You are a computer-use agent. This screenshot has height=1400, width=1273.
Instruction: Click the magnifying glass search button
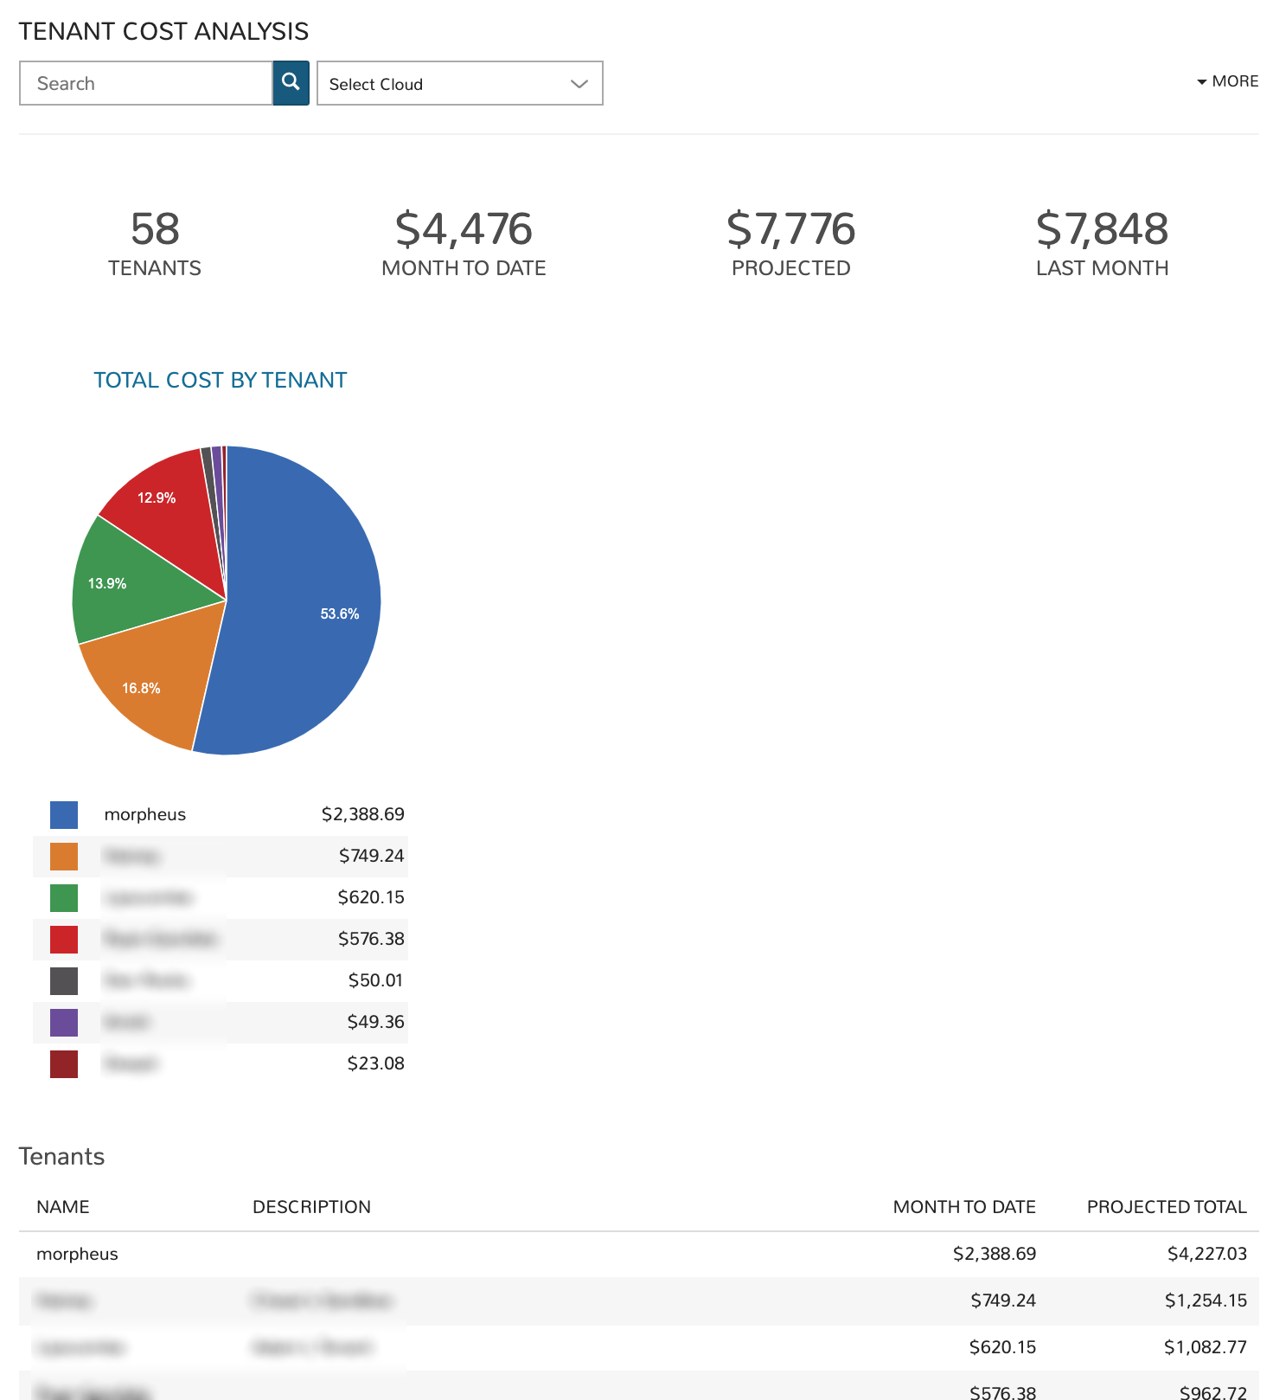click(291, 83)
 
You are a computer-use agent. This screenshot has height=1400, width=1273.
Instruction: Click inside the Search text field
click(145, 83)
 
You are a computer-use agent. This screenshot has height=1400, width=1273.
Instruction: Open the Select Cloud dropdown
click(459, 83)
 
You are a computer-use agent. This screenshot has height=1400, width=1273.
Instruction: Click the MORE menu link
click(1228, 81)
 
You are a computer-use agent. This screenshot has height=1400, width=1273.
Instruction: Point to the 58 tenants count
click(155, 229)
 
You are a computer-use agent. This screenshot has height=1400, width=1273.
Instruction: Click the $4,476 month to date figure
click(464, 229)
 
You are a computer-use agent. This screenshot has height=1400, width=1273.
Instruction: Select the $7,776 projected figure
click(790, 229)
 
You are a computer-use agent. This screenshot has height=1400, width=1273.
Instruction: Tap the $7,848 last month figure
click(1102, 229)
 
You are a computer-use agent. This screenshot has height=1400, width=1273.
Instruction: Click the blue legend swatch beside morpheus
click(64, 814)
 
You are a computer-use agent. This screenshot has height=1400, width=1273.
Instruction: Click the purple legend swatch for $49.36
click(64, 1022)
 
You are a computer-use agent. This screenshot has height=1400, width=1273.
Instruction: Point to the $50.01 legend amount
click(375, 980)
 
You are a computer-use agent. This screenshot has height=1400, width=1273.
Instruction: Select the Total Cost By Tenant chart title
click(220, 380)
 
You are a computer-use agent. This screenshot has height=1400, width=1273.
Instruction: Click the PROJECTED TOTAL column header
click(1167, 1207)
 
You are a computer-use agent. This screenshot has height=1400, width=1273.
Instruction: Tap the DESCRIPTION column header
click(311, 1207)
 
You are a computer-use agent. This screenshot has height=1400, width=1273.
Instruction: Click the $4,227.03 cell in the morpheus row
click(1206, 1254)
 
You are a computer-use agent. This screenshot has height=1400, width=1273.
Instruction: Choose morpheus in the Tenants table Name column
click(77, 1254)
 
